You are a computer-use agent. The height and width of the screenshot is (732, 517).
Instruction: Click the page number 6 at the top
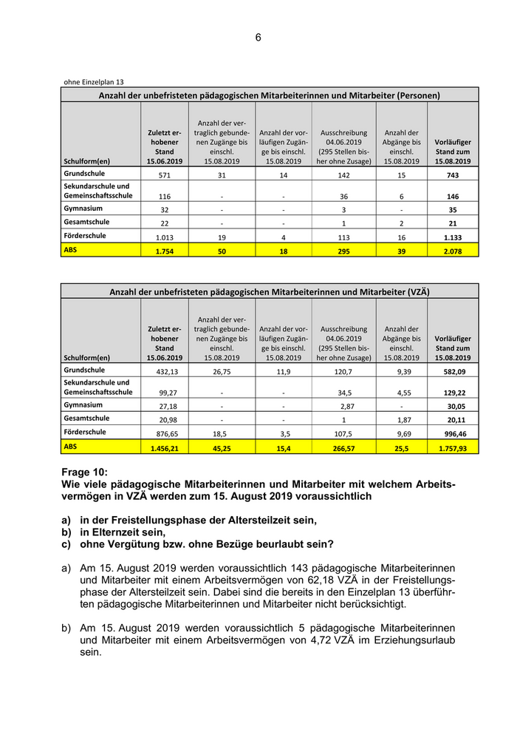(258, 38)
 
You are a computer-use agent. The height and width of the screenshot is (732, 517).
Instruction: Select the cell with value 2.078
(453, 252)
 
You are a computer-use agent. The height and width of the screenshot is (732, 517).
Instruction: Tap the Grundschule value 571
(165, 175)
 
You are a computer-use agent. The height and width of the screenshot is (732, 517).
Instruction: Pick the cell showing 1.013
(165, 238)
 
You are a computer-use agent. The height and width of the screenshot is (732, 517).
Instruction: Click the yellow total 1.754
(165, 252)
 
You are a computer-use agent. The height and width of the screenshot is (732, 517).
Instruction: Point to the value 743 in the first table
(453, 175)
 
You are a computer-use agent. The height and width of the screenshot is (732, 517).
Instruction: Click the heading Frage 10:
(85, 472)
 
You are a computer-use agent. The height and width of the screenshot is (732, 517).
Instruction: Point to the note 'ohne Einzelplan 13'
(92, 82)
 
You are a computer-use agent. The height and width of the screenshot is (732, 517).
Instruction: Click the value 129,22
(453, 393)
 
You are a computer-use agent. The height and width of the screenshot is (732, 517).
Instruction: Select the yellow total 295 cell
(344, 252)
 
